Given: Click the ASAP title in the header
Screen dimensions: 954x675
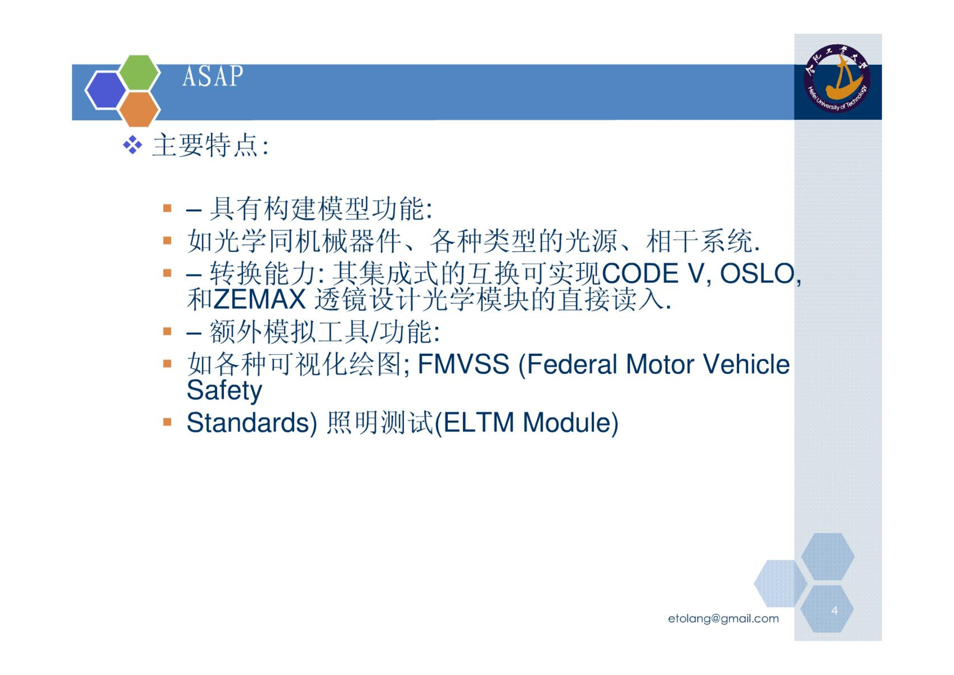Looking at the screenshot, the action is point(213,76).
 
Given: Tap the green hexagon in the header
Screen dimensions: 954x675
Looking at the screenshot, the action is point(139,72).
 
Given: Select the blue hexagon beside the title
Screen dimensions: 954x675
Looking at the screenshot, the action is point(106,90).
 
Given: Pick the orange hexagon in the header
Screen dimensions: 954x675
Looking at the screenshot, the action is point(139,109).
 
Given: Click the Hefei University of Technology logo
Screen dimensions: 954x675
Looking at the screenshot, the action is point(838,78).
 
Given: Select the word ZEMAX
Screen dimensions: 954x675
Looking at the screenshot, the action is point(259,299).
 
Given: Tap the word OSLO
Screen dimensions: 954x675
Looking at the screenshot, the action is point(757,273).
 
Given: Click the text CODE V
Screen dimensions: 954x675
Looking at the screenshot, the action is point(653,273).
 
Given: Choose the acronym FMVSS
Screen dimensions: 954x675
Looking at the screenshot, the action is point(463,364).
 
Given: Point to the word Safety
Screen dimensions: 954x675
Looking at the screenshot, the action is point(224,391).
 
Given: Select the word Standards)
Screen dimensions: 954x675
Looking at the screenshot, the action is point(252,423).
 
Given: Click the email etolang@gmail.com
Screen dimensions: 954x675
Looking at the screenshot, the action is point(723,619).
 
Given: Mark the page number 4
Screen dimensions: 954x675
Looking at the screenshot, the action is point(834,610).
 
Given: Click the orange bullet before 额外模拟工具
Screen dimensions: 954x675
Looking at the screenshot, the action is point(167,331).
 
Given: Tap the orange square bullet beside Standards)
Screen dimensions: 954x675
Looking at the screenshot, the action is point(167,422).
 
